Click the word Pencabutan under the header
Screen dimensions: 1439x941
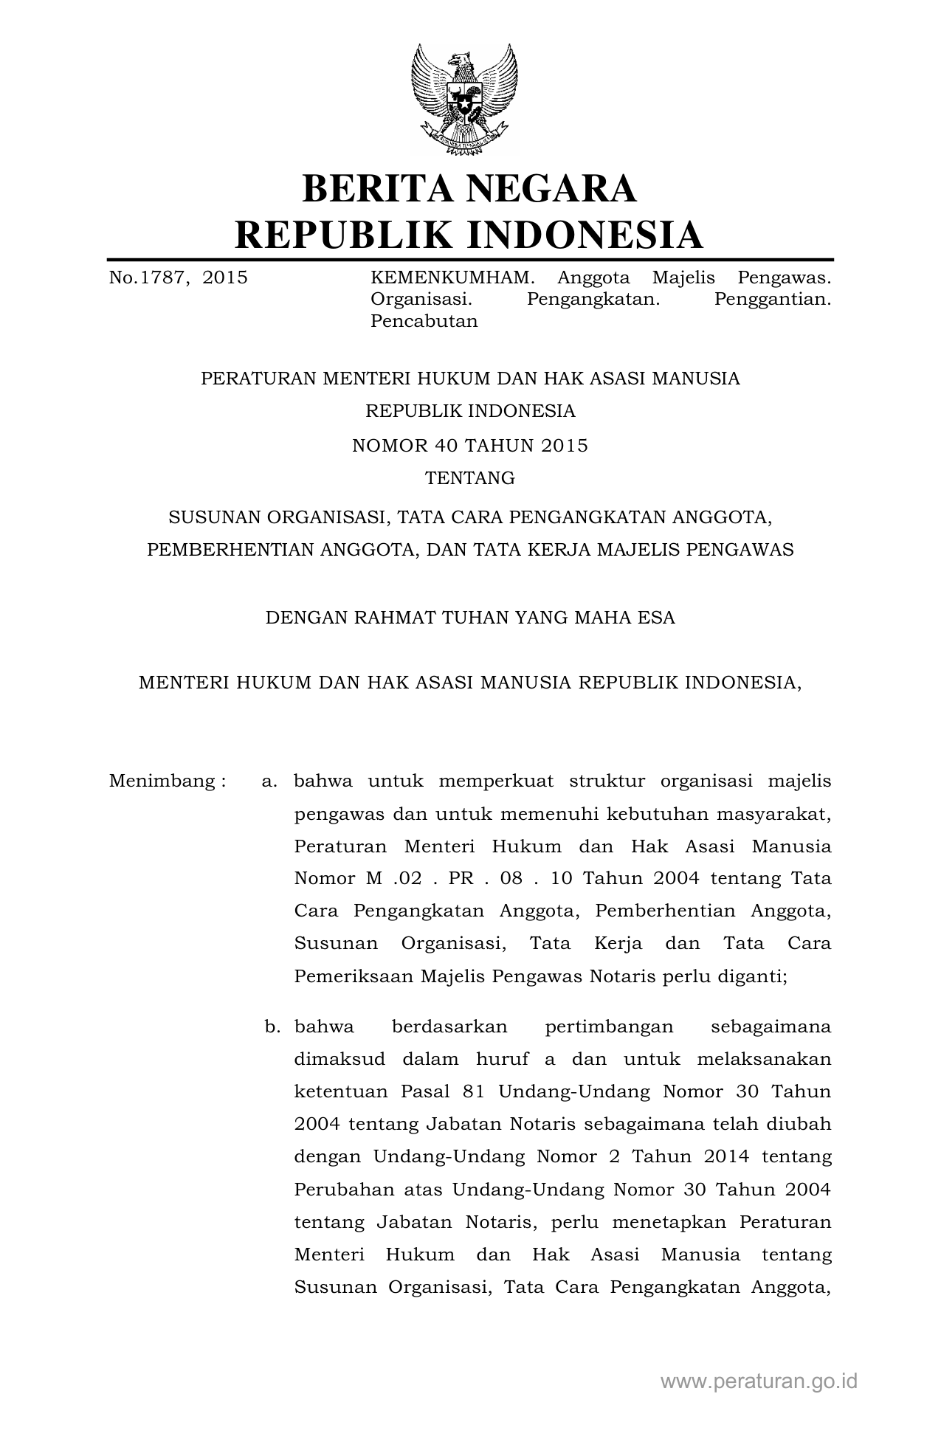(424, 321)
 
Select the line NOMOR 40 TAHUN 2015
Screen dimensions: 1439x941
(470, 446)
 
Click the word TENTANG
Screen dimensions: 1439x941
(470, 478)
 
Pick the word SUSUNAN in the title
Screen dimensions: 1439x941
(213, 517)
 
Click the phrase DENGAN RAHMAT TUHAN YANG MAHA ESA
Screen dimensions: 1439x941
(470, 618)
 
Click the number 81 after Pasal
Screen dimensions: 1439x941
(474, 1091)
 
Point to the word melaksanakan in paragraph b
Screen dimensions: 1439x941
(763, 1059)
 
